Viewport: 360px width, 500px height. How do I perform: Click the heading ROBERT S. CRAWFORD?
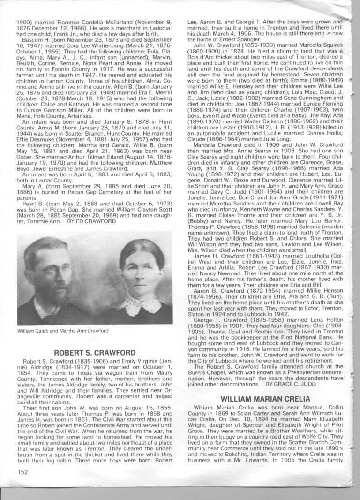[95, 353]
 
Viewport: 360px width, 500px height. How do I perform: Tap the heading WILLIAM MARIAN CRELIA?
[260, 399]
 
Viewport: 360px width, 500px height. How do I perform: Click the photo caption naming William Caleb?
[63, 331]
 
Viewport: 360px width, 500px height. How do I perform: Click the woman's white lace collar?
[139, 304]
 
